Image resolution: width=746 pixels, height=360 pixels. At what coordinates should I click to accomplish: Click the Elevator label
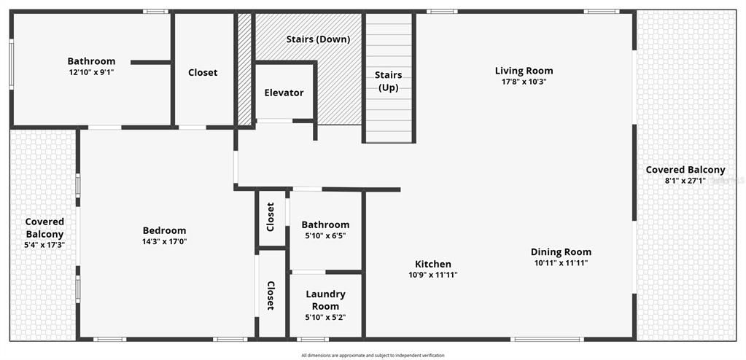[284, 93]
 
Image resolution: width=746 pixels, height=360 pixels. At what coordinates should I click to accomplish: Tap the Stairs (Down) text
[318, 39]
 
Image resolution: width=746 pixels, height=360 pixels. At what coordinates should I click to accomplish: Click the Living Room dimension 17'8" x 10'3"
[524, 82]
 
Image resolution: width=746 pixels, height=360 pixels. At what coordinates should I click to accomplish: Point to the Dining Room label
[560, 252]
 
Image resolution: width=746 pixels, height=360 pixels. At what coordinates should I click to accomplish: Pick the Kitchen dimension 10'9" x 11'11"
[432, 275]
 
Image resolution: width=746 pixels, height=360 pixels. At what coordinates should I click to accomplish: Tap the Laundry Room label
[325, 300]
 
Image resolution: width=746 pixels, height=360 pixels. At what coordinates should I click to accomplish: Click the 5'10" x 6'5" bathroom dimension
[325, 236]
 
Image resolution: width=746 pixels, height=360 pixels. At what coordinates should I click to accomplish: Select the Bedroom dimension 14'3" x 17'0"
[164, 241]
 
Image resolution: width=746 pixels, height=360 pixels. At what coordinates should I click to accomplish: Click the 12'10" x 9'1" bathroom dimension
[91, 72]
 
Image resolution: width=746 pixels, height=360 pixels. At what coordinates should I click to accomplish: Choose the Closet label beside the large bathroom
[203, 72]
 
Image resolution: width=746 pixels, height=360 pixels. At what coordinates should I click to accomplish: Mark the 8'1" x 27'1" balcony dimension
[685, 181]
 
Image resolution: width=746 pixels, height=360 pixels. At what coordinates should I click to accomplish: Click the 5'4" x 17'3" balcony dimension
[44, 246]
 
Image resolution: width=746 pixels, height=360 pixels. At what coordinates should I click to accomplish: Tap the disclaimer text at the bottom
[373, 356]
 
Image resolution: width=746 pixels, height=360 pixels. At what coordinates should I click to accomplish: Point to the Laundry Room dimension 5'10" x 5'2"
[325, 317]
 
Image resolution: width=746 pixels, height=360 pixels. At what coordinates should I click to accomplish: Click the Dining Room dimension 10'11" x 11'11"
[560, 263]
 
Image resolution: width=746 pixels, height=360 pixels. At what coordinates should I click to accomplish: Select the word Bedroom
[164, 230]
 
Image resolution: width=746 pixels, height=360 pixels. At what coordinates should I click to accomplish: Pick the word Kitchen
[432, 264]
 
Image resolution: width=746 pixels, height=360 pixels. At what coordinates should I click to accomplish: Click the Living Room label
[524, 71]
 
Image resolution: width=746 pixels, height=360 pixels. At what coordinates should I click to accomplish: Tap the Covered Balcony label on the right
[685, 170]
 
